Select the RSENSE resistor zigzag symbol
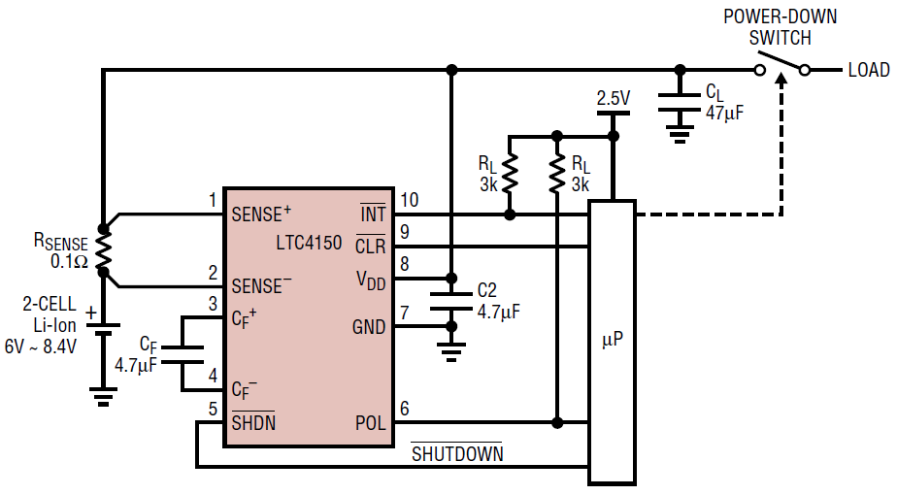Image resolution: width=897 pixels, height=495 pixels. (104, 255)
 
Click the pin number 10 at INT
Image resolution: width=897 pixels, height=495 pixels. (410, 200)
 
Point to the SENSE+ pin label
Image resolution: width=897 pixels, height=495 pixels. (261, 214)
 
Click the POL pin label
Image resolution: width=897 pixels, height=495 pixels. (369, 422)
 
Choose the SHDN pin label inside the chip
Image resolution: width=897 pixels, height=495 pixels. (253, 422)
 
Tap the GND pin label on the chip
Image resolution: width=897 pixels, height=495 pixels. (369, 327)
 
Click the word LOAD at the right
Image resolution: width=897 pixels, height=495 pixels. (868, 70)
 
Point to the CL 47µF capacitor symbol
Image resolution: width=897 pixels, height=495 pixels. (680, 103)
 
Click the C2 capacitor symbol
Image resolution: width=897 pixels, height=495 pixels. (449, 302)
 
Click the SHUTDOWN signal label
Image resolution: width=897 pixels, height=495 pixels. (455, 453)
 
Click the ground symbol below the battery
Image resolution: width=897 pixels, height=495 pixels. (103, 393)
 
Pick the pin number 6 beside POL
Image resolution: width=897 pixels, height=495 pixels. (404, 409)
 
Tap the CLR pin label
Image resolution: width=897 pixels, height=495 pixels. (370, 247)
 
